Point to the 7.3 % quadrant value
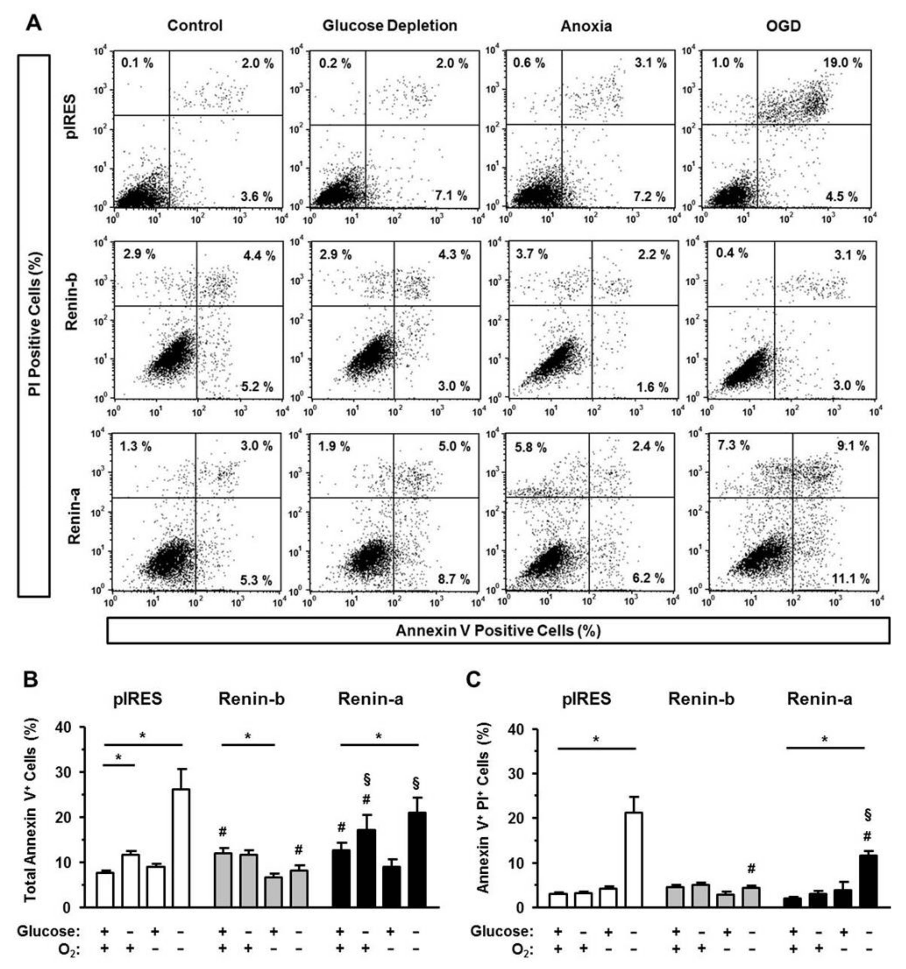tap(733, 445)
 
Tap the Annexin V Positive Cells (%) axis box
tap(498, 631)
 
